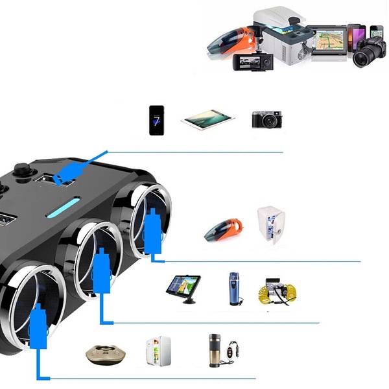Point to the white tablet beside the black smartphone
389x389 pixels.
click(x=207, y=119)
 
